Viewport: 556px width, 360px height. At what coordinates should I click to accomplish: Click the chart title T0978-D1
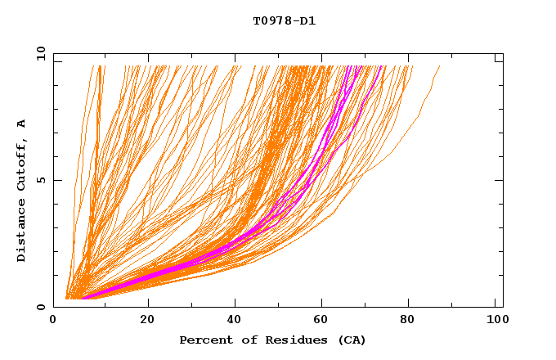point(285,21)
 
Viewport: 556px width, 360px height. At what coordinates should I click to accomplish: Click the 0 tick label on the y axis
point(41,308)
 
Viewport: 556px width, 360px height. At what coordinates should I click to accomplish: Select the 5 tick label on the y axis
point(41,180)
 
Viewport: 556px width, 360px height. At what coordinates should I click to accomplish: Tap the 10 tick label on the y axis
point(38,53)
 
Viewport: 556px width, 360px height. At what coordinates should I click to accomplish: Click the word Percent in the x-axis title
point(203,340)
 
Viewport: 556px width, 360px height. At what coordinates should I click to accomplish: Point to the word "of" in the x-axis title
point(240,340)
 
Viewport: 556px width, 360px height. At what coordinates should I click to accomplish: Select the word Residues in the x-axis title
point(285,340)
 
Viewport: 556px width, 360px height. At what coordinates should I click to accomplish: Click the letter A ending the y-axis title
point(22,123)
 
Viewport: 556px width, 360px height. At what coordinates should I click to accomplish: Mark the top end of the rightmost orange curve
point(439,66)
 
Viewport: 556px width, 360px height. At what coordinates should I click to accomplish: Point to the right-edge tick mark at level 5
point(500,180)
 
